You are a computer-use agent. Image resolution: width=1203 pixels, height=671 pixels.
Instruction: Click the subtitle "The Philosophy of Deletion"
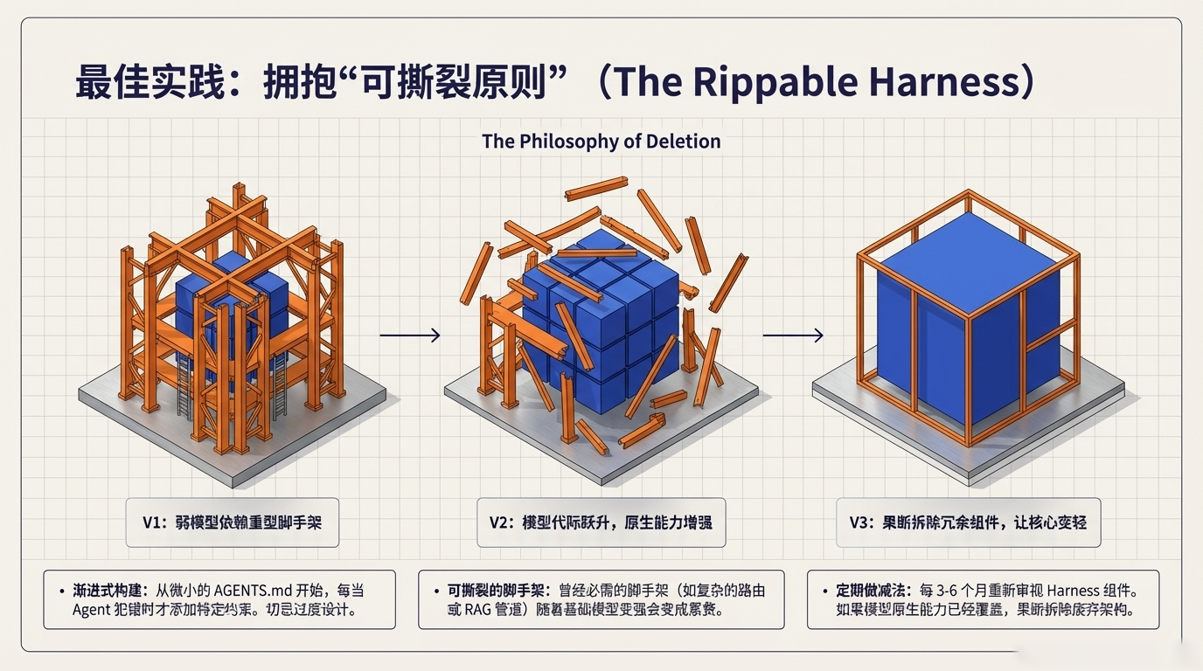point(601,142)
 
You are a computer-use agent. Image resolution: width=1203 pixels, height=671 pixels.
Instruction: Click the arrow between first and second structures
point(410,335)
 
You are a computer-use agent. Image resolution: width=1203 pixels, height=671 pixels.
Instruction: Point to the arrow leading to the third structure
point(793,335)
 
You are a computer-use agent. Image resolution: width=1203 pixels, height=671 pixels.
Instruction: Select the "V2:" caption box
point(601,522)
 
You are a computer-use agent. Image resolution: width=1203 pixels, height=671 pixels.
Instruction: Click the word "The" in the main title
point(642,82)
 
